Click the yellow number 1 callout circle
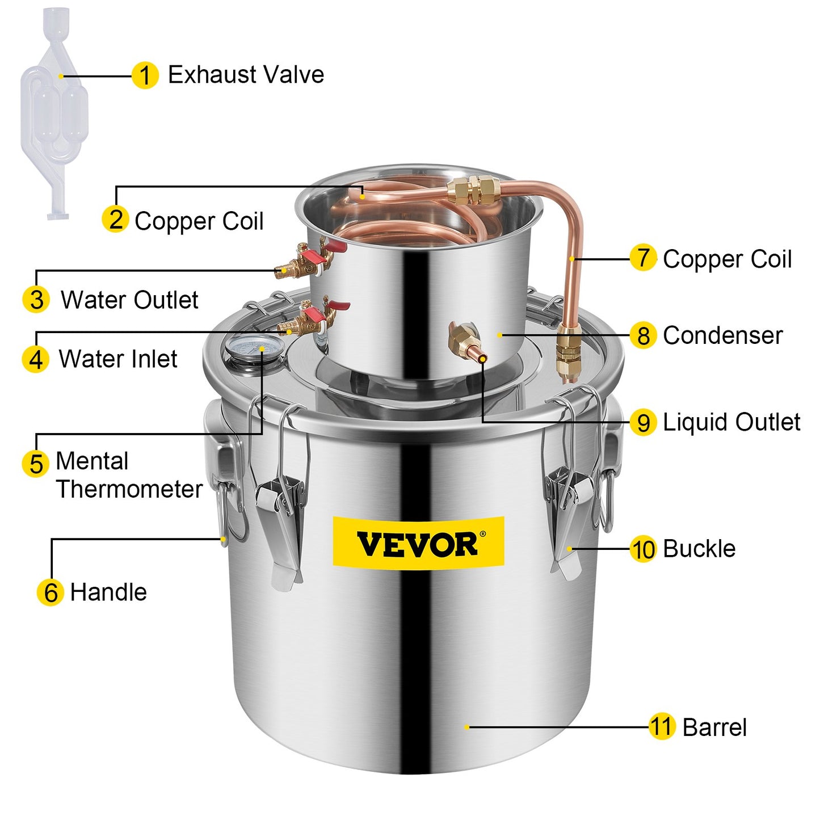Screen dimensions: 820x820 point(145,75)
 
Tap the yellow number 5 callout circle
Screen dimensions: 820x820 point(36,463)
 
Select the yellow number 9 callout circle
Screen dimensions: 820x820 point(643,423)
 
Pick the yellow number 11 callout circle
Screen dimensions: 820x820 point(661,727)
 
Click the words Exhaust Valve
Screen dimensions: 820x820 point(246,75)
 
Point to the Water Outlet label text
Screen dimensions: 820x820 point(129,300)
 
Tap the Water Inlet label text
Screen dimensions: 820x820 point(118,359)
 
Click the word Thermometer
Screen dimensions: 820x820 point(129,489)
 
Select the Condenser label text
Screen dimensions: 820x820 point(722,335)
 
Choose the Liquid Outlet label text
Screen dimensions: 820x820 point(731,422)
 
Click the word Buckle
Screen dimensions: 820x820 point(699,549)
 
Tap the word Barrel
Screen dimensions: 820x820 point(714,728)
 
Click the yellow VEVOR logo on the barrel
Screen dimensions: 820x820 point(418,541)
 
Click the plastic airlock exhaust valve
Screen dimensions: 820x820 point(54,113)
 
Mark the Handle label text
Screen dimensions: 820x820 point(108,592)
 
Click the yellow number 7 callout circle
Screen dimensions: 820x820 point(643,258)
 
